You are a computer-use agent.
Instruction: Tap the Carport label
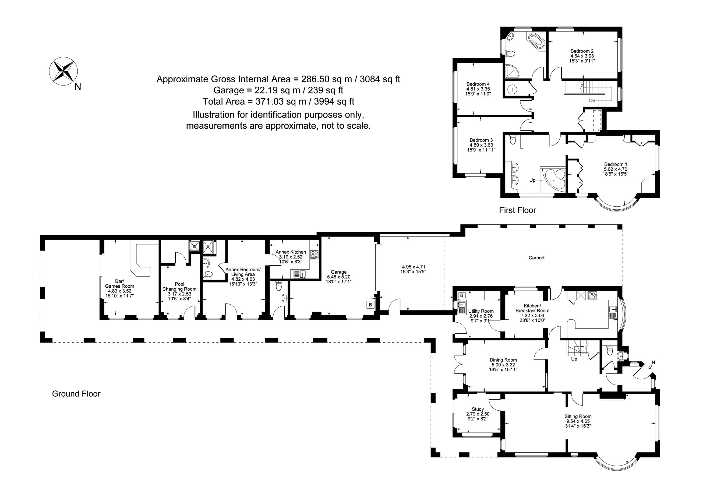(536, 258)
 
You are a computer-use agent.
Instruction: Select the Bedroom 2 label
(582, 51)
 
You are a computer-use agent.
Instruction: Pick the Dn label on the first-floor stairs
(592, 100)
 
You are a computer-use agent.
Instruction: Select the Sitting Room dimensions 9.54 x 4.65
(578, 421)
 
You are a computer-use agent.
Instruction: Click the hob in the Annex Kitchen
(314, 255)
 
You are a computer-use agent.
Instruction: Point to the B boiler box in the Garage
(370, 305)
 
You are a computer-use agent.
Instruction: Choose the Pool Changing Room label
(179, 287)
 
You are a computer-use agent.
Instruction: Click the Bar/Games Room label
(119, 284)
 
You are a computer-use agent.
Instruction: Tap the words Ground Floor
(76, 394)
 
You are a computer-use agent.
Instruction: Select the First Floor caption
(517, 210)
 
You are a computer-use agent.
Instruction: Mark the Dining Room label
(503, 360)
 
